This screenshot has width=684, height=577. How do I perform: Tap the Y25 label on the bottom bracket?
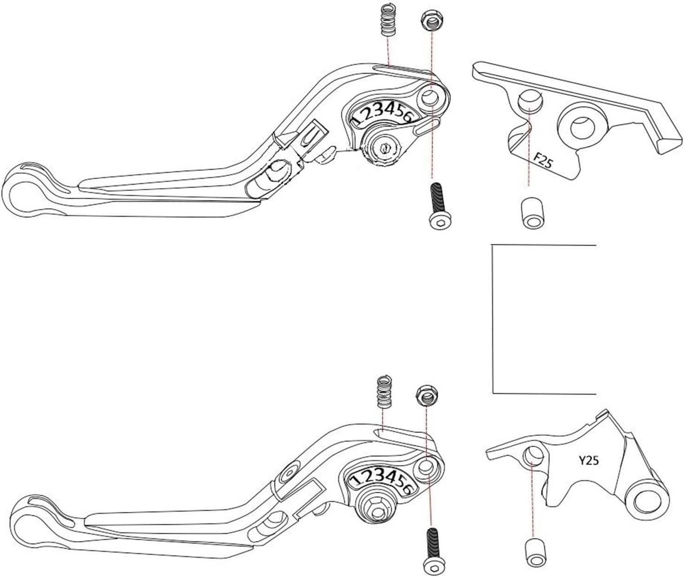click(x=588, y=461)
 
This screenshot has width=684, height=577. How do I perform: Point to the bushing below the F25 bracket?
click(x=533, y=213)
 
